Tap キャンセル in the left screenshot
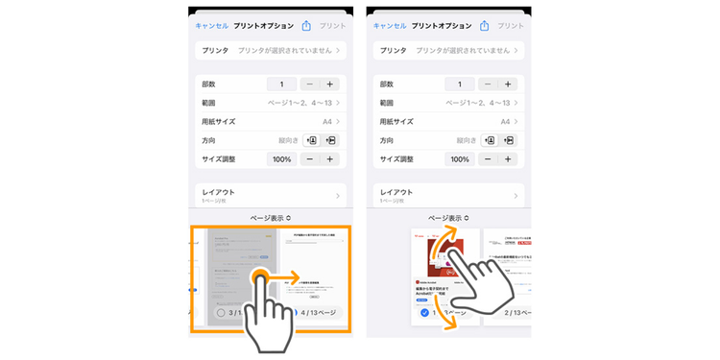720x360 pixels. [212, 26]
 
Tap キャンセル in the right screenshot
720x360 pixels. [390, 26]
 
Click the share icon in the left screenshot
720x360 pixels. [306, 26]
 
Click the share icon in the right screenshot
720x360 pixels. [485, 26]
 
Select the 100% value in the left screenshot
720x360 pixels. [281, 159]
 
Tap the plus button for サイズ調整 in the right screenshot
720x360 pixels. [509, 159]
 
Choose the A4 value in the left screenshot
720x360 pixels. [326, 122]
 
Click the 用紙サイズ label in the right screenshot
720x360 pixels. [396, 122]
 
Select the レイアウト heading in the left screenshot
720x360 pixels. [218, 192]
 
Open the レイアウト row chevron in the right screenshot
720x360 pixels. [516, 196]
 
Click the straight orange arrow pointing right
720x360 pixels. [289, 279]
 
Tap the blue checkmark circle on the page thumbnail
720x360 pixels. [424, 313]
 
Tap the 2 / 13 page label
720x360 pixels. [510, 313]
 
